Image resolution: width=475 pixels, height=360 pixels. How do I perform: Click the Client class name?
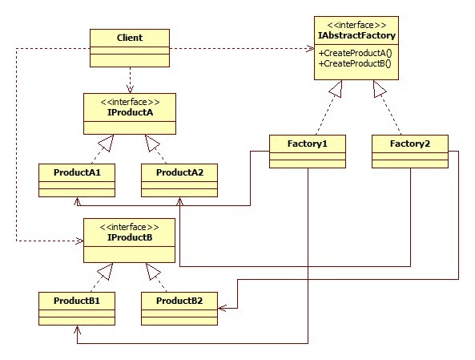[130, 38]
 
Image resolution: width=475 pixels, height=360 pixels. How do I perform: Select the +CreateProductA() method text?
[356, 53]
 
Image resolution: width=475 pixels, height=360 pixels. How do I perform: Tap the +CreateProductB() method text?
[355, 63]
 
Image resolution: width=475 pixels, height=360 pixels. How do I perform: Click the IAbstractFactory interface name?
[356, 35]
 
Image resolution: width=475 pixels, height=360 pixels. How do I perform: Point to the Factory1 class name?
[308, 144]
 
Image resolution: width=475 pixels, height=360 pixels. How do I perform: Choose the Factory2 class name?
[410, 144]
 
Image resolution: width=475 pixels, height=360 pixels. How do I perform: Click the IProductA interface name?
[130, 112]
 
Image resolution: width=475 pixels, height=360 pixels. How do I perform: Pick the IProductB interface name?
[130, 237]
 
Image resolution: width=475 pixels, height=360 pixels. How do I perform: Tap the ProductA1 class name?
[77, 172]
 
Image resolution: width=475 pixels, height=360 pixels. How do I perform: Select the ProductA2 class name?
[179, 172]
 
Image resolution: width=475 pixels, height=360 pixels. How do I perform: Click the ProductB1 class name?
[77, 301]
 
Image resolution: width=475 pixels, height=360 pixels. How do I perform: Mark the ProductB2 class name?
[179, 301]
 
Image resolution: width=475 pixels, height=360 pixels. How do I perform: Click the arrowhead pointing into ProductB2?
[222, 308]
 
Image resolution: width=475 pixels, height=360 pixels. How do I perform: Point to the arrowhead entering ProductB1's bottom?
[77, 330]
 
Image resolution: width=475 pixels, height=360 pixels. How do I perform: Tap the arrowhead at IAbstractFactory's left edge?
[310, 48]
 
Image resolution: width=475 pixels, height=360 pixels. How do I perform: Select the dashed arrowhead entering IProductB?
[79, 241]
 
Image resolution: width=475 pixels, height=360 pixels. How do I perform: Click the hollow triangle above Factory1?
[336, 88]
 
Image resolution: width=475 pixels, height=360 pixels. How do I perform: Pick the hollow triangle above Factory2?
[379, 88]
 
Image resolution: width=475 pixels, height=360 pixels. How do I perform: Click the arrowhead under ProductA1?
[77, 201]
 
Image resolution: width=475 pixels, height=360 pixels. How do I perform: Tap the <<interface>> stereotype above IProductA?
[130, 102]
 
